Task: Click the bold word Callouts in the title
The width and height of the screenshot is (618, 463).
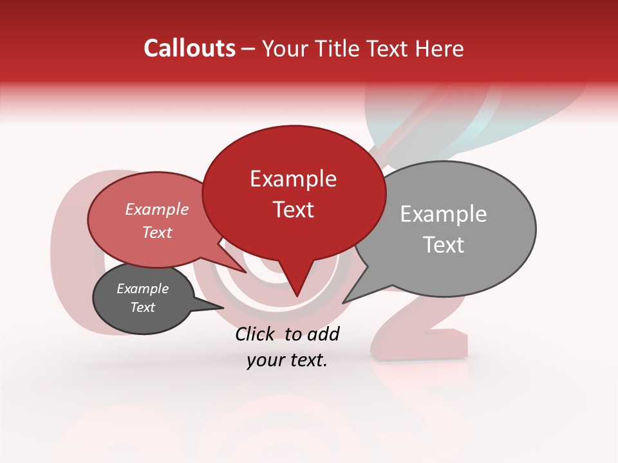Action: pyautogui.click(x=189, y=48)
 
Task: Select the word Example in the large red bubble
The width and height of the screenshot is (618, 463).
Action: pyautogui.click(x=293, y=179)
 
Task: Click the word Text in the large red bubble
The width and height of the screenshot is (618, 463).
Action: pyautogui.click(x=293, y=210)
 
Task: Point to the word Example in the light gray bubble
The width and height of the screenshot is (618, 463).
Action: pyautogui.click(x=444, y=214)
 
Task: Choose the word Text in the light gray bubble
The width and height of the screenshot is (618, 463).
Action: pyautogui.click(x=444, y=245)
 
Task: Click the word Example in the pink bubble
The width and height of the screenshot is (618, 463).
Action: pyautogui.click(x=156, y=209)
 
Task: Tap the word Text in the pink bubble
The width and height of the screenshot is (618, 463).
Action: pyautogui.click(x=156, y=232)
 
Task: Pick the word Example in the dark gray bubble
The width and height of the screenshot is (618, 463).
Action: pyautogui.click(x=142, y=289)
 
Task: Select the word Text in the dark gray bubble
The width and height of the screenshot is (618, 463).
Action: pyautogui.click(x=142, y=307)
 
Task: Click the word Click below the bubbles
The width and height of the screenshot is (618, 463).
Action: pyautogui.click(x=256, y=334)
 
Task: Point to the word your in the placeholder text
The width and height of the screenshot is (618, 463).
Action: pyautogui.click(x=265, y=361)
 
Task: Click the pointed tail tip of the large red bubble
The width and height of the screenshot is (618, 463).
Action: pyautogui.click(x=297, y=296)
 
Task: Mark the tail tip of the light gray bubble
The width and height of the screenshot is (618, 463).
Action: pyautogui.click(x=343, y=302)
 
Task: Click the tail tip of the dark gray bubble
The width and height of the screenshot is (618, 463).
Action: pyautogui.click(x=223, y=307)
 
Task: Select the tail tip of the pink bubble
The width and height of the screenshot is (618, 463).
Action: pyautogui.click(x=245, y=272)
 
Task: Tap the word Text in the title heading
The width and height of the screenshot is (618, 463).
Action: pyautogui.click(x=391, y=48)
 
